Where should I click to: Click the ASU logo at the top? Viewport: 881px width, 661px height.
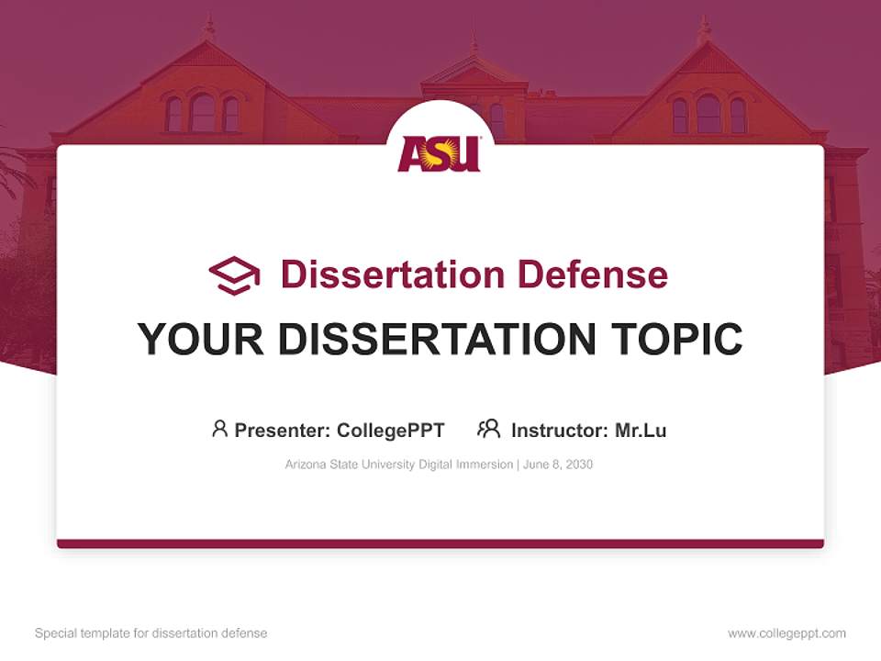pos(440,153)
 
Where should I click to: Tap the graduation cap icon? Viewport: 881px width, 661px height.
pos(234,275)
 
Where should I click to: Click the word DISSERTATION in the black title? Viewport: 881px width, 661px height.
pos(437,340)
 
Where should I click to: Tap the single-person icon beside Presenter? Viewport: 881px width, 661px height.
pos(219,429)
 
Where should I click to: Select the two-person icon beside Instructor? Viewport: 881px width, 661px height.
pos(489,429)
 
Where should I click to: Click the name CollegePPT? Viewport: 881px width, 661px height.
pos(390,430)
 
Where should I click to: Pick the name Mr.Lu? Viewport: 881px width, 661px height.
pos(641,430)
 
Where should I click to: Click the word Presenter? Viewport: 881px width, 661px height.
pos(283,430)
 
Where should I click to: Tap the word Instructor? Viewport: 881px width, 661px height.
pos(559,430)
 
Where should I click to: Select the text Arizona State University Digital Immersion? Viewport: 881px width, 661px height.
pos(399,465)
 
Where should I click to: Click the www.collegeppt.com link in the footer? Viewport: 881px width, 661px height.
pos(786,633)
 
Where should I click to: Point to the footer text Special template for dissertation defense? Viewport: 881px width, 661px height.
pos(151,633)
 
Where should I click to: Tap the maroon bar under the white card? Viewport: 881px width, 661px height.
pos(440,543)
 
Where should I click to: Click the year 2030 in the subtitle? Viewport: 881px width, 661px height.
pos(578,465)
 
